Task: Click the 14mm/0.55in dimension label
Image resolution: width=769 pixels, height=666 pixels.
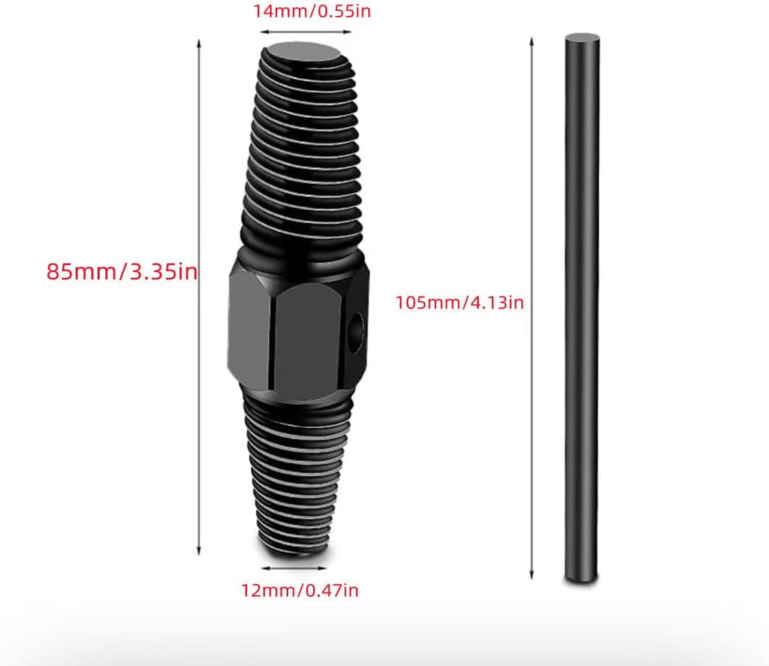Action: [x=312, y=11]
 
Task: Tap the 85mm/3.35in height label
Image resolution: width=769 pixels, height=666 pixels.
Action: [x=122, y=271]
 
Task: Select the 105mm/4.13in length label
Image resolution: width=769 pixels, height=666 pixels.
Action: [x=460, y=302]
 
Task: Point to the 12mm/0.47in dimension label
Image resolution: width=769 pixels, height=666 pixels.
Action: [x=299, y=589]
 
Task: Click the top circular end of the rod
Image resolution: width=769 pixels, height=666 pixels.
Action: [x=582, y=39]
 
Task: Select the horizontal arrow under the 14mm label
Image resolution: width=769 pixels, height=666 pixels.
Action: [x=306, y=32]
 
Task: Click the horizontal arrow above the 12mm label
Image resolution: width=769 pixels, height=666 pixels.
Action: [x=294, y=568]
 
